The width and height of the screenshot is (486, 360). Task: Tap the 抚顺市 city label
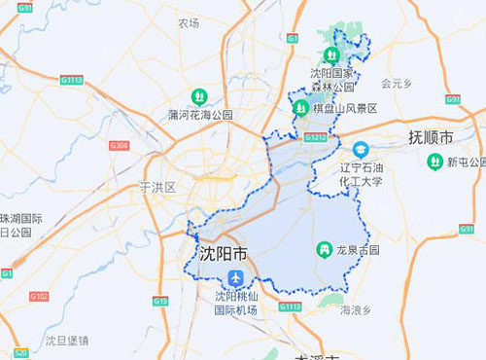tap(430, 137)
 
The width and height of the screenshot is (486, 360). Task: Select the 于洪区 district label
tap(156, 186)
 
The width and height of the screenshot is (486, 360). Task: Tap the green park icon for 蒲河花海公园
tap(198, 96)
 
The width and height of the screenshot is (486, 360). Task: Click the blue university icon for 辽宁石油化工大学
tap(361, 149)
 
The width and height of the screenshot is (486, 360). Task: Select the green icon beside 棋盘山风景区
tap(301, 109)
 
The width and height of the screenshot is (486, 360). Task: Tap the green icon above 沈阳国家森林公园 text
tap(329, 54)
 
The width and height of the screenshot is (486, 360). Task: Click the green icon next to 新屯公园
tap(433, 161)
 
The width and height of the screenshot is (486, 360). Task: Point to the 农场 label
tap(189, 23)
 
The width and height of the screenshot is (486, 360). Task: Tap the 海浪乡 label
tap(356, 310)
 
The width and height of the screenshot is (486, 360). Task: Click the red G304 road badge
tap(120, 145)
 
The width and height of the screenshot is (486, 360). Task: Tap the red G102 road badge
tap(39, 295)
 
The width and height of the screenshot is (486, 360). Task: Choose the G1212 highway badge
tap(314, 137)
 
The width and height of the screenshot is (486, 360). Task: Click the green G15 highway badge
tap(160, 302)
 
